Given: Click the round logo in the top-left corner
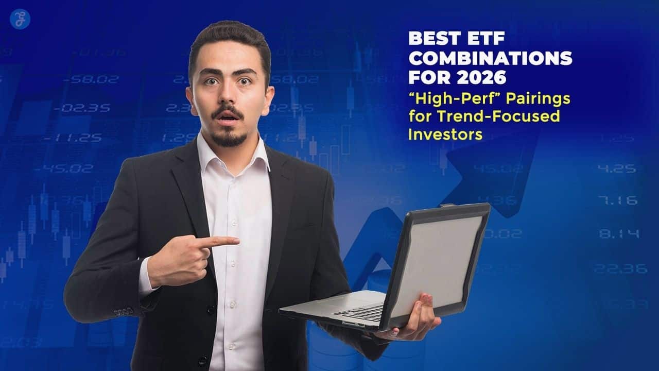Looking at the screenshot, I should click(20, 19).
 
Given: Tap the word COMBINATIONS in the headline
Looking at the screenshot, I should click(490, 58).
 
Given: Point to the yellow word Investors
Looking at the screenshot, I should click(445, 134).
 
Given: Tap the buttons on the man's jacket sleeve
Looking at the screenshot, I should click(124, 312).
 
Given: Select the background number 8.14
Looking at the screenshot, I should click(619, 234).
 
